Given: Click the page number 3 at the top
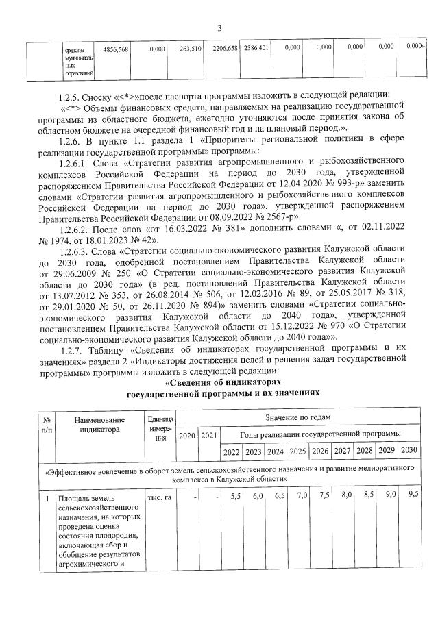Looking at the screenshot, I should click(219, 28).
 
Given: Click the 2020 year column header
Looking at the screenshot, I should click(186, 434).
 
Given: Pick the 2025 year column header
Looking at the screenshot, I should click(297, 451).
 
